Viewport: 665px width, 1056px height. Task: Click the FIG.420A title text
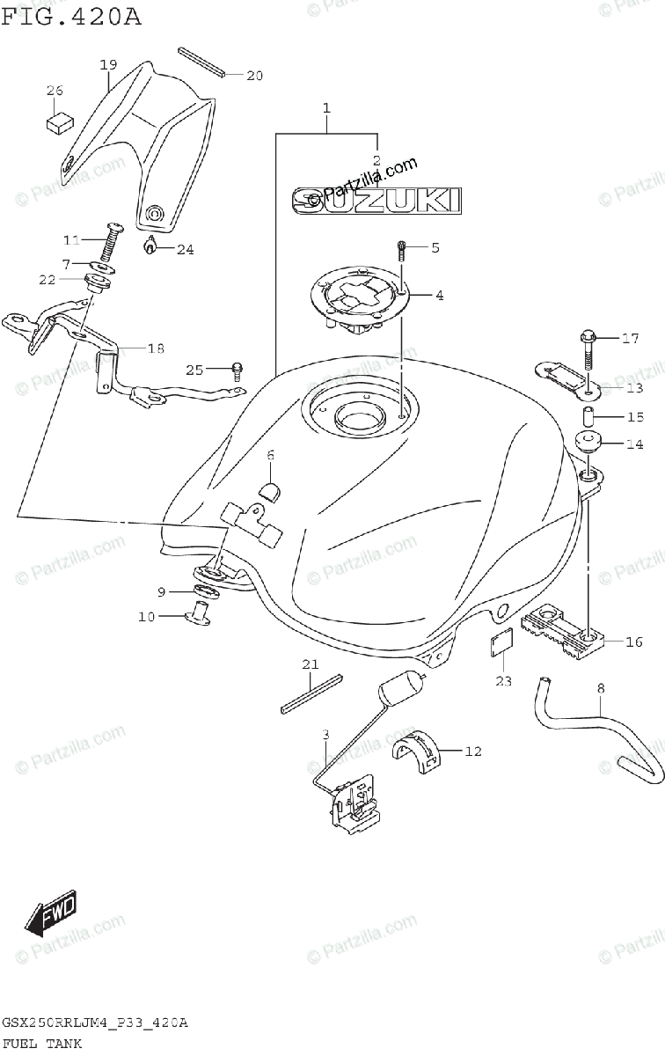click(71, 17)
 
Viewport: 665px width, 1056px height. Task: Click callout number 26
click(55, 90)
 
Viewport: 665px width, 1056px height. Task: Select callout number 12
click(473, 752)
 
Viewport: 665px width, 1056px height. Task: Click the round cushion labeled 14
click(587, 443)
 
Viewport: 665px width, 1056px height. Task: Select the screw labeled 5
click(402, 251)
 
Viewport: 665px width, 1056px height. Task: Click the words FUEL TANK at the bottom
click(42, 1044)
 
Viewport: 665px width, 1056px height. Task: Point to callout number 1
click(325, 109)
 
